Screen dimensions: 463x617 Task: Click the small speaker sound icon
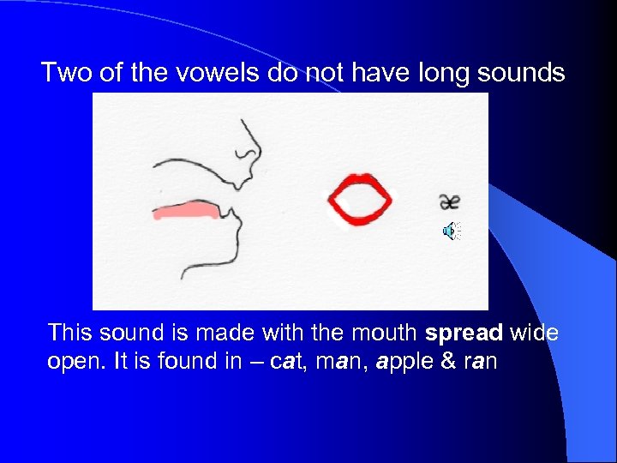click(x=450, y=231)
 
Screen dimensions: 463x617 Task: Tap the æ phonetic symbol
click(x=449, y=201)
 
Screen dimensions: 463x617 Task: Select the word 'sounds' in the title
click(x=524, y=73)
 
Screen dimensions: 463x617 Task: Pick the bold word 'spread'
click(x=464, y=333)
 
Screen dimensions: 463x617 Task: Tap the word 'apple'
click(x=402, y=361)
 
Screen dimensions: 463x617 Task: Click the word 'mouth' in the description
click(x=386, y=333)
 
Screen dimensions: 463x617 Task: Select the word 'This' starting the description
click(x=70, y=333)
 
